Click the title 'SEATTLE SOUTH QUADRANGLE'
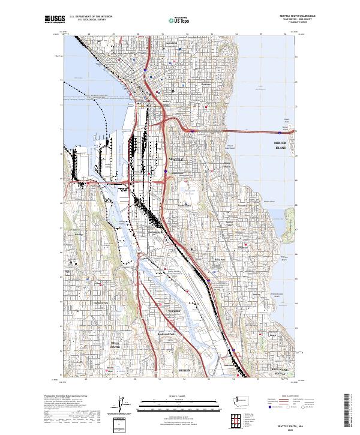[x=298, y=17]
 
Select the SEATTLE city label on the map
[x=178, y=159]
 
